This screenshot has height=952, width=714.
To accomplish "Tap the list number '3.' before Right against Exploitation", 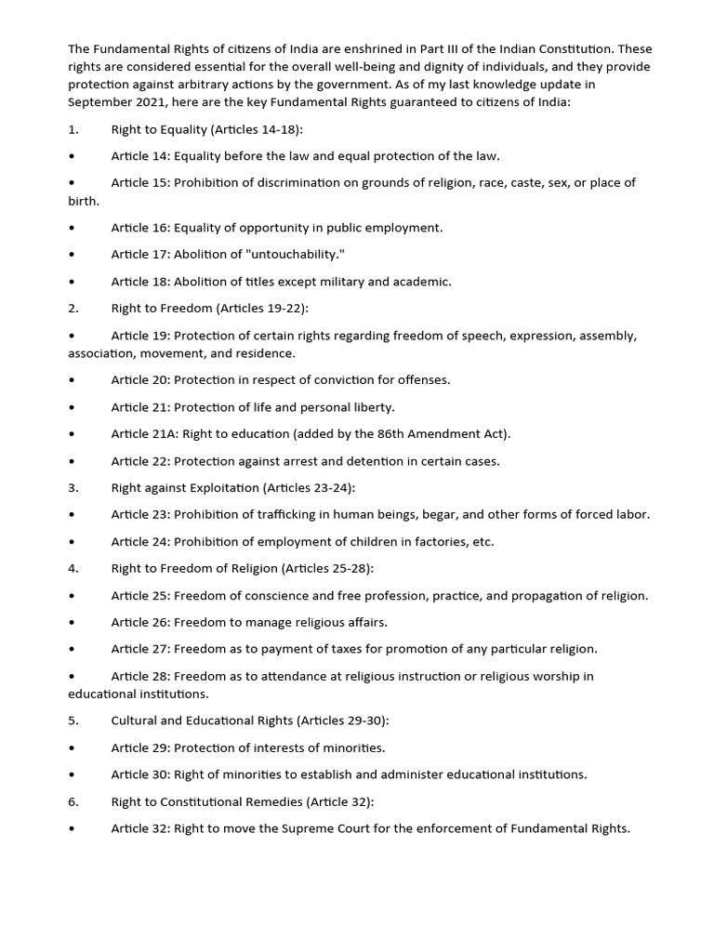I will [73, 488].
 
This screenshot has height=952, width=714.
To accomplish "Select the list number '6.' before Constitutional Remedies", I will [73, 801].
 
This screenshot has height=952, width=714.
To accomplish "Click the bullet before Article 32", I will [73, 828].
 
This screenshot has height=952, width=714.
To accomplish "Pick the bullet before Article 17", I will [73, 255].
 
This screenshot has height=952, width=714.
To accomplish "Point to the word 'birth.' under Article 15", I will [84, 201].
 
